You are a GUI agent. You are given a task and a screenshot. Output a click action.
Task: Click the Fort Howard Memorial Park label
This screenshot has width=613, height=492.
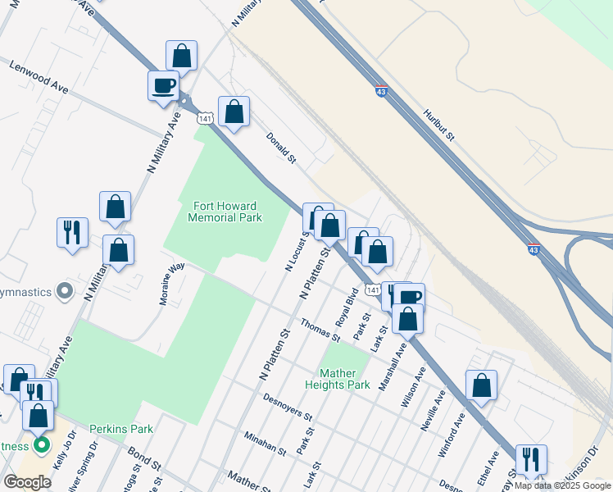click(225, 212)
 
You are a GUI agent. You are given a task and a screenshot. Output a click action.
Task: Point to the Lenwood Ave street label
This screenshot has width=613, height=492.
click(39, 75)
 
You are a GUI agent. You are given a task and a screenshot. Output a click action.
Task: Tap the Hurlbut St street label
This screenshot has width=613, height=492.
click(438, 125)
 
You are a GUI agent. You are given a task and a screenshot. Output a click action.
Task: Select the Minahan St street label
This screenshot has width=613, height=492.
click(264, 444)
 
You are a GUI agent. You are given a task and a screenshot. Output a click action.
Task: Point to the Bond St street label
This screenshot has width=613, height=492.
click(144, 458)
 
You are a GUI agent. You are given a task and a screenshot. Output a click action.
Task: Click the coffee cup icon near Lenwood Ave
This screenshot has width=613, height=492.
click(163, 84)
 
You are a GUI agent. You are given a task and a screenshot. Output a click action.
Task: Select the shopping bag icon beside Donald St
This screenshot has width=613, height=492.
click(234, 112)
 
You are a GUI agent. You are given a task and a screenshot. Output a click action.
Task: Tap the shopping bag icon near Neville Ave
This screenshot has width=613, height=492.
click(481, 385)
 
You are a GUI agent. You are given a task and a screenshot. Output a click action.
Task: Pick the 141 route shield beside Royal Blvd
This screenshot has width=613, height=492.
click(373, 290)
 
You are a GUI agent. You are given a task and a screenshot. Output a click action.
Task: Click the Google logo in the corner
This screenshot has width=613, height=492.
click(27, 482)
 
